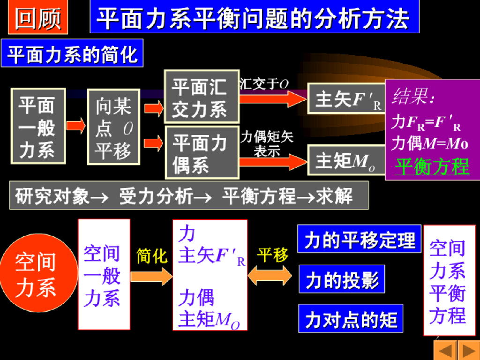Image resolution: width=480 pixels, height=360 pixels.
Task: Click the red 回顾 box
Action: (38, 19)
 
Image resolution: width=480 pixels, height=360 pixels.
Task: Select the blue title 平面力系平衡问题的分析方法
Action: (254, 19)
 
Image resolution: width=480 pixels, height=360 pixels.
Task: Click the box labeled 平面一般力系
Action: (38, 126)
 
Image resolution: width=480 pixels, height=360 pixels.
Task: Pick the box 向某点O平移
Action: (113, 127)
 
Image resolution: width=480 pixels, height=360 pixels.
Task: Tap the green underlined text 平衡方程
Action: (432, 166)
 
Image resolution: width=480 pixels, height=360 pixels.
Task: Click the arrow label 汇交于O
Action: (264, 84)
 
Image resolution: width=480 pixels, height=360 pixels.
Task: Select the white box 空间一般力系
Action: (104, 274)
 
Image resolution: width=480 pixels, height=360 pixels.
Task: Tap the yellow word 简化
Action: (151, 256)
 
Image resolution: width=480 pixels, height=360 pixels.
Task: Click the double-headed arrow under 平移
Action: (272, 275)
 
